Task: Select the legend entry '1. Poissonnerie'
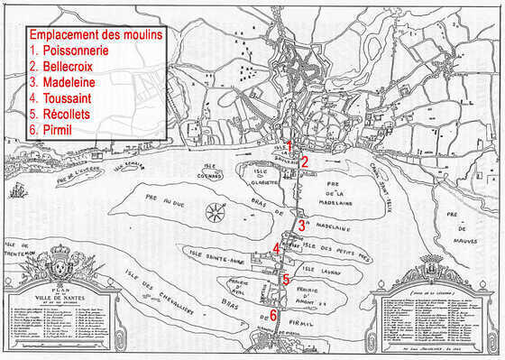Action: point(69,51)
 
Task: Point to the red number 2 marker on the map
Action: point(305,162)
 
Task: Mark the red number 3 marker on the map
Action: point(301,226)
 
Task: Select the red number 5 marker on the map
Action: point(285,280)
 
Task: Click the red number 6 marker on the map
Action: point(272,315)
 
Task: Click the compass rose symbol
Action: point(216,214)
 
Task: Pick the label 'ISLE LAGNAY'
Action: point(321,269)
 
